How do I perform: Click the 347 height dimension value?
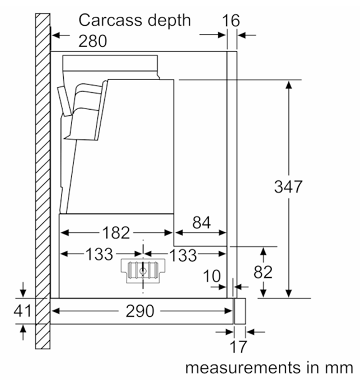click(x=288, y=187)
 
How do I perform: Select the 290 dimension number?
click(x=140, y=311)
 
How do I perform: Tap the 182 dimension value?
click(x=116, y=233)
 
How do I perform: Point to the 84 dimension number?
click(x=202, y=222)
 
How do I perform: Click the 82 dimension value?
click(x=263, y=272)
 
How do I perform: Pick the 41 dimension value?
click(x=22, y=311)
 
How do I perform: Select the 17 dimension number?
click(x=238, y=347)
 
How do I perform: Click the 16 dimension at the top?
click(x=231, y=21)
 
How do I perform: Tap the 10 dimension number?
click(x=212, y=277)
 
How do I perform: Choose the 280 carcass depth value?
click(x=92, y=41)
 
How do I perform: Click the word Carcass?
click(x=110, y=20)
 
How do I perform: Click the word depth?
click(x=169, y=20)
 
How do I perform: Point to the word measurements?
click(x=243, y=368)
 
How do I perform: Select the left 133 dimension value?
click(x=99, y=254)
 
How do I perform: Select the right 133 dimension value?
click(x=183, y=255)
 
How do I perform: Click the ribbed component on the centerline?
click(x=143, y=271)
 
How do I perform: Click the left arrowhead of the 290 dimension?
click(x=56, y=311)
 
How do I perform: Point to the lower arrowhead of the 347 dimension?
click(x=289, y=293)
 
